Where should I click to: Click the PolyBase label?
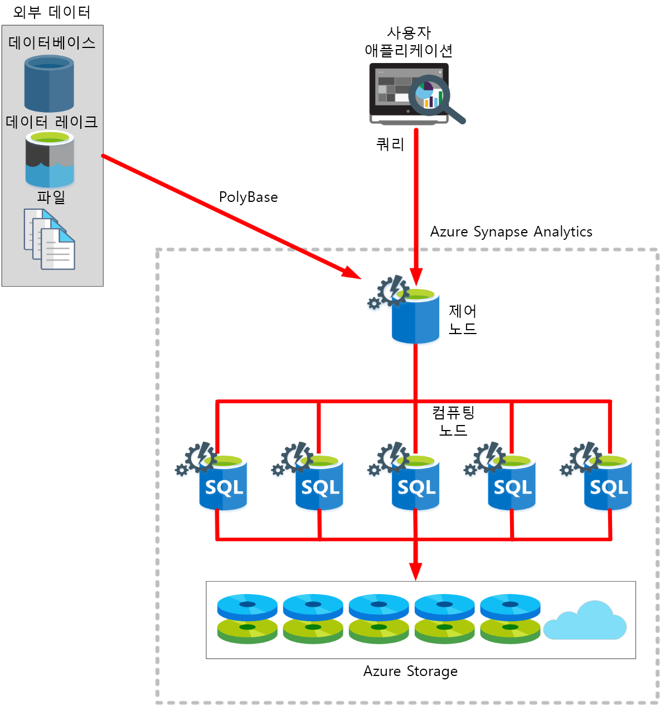(x=248, y=197)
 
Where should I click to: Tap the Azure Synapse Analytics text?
(x=511, y=231)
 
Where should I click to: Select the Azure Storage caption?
(x=410, y=671)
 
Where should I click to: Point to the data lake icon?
(x=50, y=160)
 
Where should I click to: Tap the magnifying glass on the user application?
(x=432, y=96)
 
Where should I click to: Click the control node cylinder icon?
(x=415, y=317)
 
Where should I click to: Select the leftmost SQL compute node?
(x=223, y=484)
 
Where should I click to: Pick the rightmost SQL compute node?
(x=608, y=484)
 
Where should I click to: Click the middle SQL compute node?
(x=415, y=484)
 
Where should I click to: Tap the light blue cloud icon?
(x=585, y=622)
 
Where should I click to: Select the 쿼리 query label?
(x=390, y=144)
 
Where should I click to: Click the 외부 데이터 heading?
(x=51, y=12)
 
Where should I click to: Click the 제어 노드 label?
(x=463, y=320)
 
